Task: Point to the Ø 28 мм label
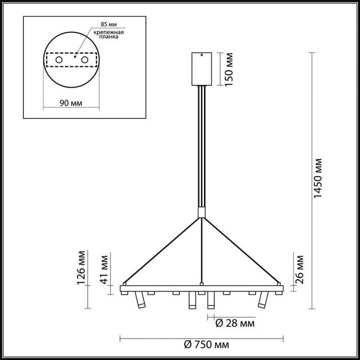pyautogui.click(x=235, y=324)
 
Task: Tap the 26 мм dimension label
pyautogui.click(x=301, y=268)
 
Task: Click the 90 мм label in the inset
pyautogui.click(x=71, y=103)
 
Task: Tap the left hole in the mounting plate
pyautogui.click(x=59, y=60)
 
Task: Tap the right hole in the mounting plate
pyautogui.click(x=85, y=60)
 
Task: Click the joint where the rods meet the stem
pyautogui.click(x=201, y=213)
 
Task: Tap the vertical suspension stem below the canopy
pyautogui.click(x=201, y=148)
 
